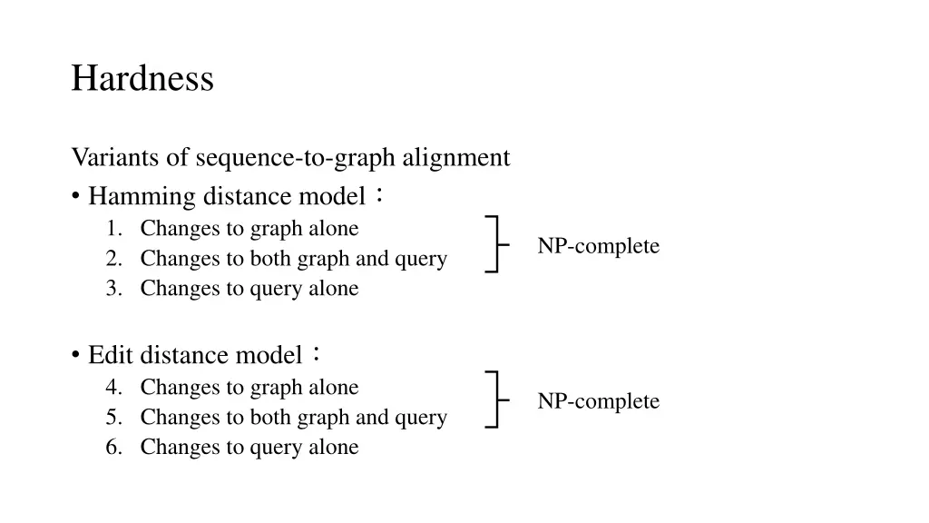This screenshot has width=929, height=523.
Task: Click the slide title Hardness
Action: pyautogui.click(x=142, y=78)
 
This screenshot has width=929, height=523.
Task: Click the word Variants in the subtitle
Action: pyautogui.click(x=106, y=158)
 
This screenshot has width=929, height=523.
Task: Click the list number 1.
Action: pyautogui.click(x=113, y=229)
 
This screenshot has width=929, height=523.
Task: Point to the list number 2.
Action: pyautogui.click(x=113, y=259)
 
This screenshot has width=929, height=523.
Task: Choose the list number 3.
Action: pyautogui.click(x=113, y=289)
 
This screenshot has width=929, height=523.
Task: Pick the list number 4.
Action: pyautogui.click(x=113, y=388)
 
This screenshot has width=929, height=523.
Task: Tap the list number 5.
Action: pyautogui.click(x=113, y=418)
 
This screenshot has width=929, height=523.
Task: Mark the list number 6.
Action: pyautogui.click(x=113, y=448)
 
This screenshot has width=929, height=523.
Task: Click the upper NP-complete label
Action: pyautogui.click(x=598, y=246)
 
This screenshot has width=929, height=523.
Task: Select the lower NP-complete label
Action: pyautogui.click(x=598, y=401)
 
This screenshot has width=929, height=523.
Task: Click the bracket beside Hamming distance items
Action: pyautogui.click(x=495, y=244)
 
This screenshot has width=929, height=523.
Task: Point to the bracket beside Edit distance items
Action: pyautogui.click(x=495, y=400)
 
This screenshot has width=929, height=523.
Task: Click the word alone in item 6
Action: pyautogui.click(x=336, y=448)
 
